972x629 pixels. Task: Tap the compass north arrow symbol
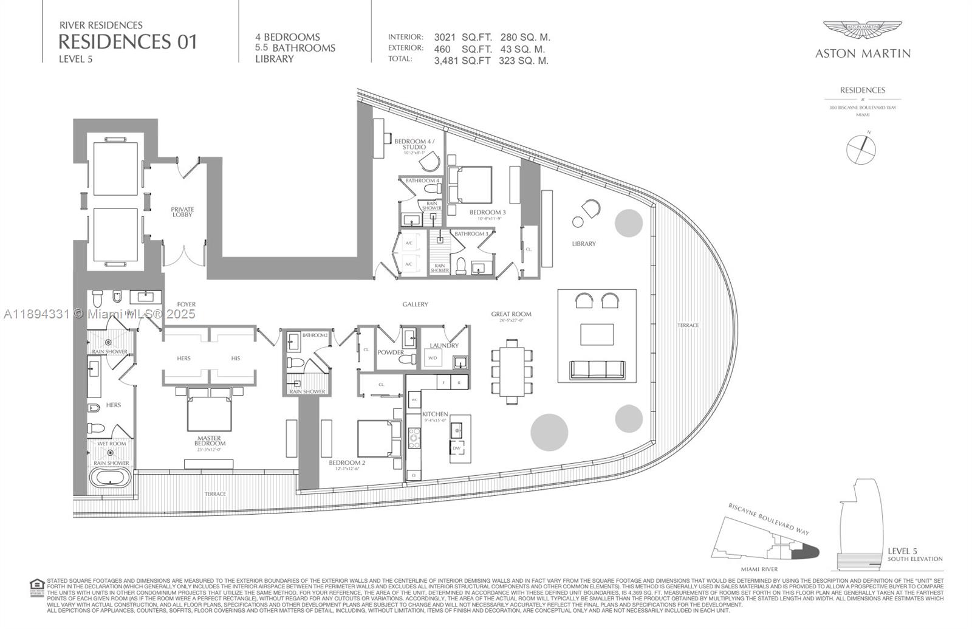pos(861,148)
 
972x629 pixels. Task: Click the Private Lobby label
pos(182,211)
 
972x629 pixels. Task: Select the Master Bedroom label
pos(209,441)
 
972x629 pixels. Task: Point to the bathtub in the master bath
pos(110,477)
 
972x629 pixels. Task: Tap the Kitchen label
pos(435,414)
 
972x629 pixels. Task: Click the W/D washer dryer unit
pos(433,358)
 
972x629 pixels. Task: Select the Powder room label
pos(390,352)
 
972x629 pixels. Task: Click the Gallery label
pos(415,304)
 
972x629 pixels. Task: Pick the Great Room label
pos(511,314)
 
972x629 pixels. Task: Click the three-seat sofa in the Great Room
pos(597,368)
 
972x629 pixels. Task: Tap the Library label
pos(583,244)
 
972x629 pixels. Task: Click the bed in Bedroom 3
pos(470,184)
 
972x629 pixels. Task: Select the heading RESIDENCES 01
pos(128,41)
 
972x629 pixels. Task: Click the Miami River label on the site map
pos(759,569)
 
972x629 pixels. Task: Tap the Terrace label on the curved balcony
pos(688,326)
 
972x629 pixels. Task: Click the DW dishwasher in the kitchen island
pos(456,448)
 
